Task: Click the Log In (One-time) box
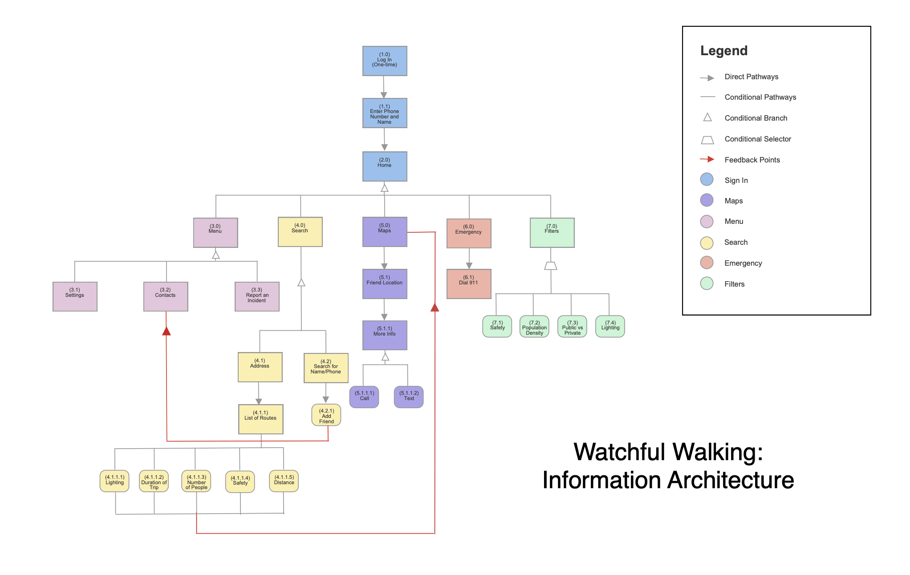tap(385, 61)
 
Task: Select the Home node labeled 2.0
tap(385, 166)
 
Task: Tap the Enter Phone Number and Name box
tap(385, 113)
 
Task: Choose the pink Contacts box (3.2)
tap(166, 296)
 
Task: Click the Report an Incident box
tap(257, 296)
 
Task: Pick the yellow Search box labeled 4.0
tap(300, 232)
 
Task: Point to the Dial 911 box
tap(469, 283)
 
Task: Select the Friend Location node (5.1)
tap(385, 283)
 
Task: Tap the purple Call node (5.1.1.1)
tap(364, 397)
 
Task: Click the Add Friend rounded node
tap(326, 415)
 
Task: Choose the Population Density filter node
tap(534, 327)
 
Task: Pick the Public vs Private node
tap(573, 327)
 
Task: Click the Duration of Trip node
tap(154, 481)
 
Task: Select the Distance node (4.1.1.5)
tap(284, 481)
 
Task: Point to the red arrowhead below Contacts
tap(167, 331)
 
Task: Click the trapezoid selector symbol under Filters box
tap(551, 266)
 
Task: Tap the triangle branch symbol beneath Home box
tap(385, 188)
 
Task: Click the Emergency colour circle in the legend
tap(707, 263)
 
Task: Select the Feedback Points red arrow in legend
tap(707, 159)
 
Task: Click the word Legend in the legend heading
tap(724, 51)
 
